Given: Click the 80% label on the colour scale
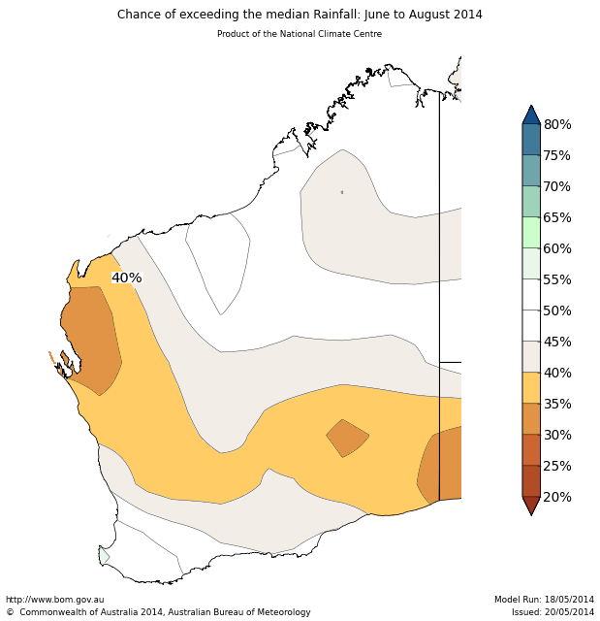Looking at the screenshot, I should pos(556,124).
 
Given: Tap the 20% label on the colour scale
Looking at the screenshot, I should pos(556,497).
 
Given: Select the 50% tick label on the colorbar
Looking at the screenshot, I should pos(556,310).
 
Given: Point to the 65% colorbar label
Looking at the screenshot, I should pos(556,217).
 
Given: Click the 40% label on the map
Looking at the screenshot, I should pos(126,278).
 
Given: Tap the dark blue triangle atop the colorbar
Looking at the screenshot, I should pos(531,114).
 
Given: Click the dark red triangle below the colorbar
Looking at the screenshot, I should pos(531,506).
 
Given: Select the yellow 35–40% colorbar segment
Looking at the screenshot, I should pos(531,387).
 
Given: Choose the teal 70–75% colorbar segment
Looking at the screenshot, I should pos(531,170).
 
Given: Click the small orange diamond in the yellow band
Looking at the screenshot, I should pos(347,438).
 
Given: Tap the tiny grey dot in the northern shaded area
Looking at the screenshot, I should pos(342,192).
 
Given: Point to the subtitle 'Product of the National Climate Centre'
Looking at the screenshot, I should pos(300,34).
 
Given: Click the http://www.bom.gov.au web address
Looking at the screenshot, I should pos(55,600).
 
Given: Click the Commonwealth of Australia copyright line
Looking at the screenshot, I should pos(159,612).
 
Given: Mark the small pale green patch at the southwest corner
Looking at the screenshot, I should pos(104,556).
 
